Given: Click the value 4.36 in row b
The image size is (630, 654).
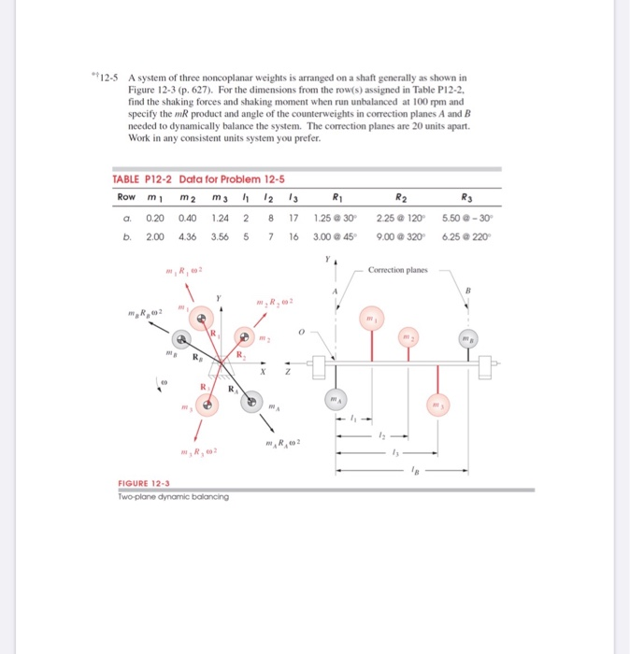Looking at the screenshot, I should pos(187,236).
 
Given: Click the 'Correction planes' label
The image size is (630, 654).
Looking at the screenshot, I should pos(397,269).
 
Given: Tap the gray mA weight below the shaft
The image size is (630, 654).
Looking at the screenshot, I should pos(334,399).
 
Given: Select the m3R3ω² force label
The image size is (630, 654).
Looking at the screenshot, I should pos(198,452).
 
